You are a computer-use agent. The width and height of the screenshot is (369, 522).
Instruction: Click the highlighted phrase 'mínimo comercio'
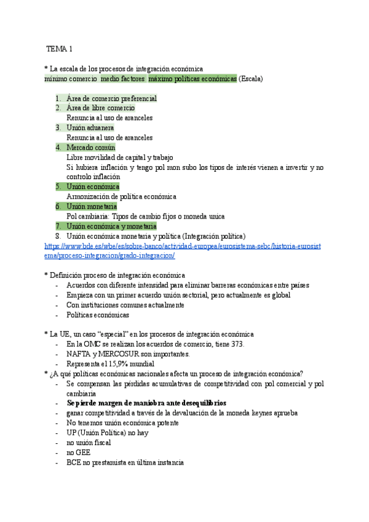(x=71, y=79)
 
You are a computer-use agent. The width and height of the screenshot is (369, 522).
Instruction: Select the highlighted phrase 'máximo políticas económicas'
(x=192, y=79)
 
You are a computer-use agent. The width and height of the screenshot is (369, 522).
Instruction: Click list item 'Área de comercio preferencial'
(x=111, y=98)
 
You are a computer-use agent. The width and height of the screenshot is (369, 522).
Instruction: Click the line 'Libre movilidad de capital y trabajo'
(x=120, y=158)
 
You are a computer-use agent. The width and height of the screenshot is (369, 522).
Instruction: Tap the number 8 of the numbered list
(x=58, y=236)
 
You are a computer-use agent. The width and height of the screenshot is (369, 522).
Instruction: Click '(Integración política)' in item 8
(x=210, y=236)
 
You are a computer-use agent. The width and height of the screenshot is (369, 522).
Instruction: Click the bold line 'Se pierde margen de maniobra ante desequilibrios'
(x=146, y=403)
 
